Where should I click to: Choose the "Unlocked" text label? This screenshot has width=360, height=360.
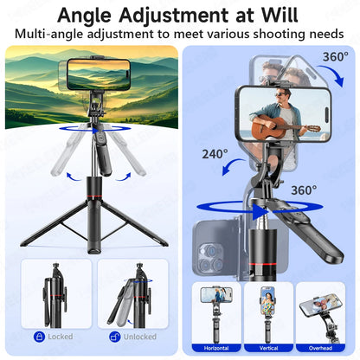coord(140,336)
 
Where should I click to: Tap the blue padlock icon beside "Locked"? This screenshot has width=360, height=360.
coord(39,336)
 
